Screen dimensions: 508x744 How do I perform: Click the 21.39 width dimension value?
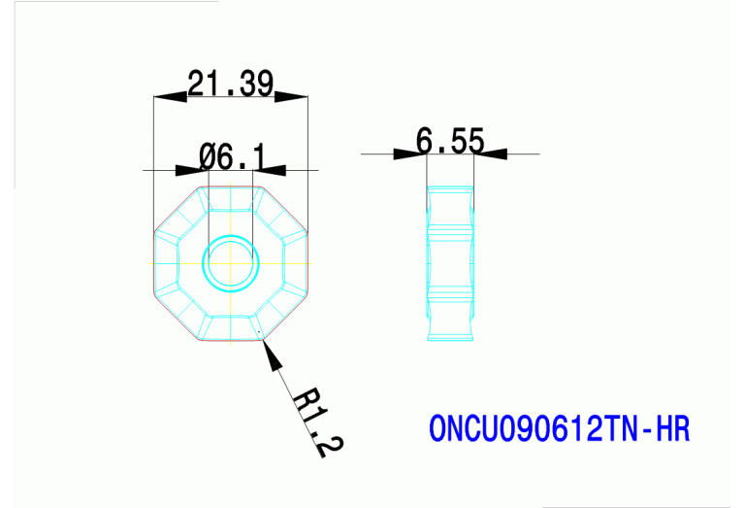[231, 85]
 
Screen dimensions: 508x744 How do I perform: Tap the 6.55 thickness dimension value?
[450, 141]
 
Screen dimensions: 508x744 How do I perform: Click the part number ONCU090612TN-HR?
[559, 428]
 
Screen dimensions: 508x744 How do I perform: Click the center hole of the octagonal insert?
[231, 262]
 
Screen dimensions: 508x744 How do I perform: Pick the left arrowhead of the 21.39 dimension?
[171, 96]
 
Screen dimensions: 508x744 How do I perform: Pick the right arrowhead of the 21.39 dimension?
[291, 96]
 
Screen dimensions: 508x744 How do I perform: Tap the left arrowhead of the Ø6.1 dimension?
[190, 170]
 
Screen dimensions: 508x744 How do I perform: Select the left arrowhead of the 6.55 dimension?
[409, 153]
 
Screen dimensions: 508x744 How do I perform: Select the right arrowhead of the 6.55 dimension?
[491, 153]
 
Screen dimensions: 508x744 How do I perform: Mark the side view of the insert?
[451, 262]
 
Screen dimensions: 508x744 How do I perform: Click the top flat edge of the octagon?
[231, 186]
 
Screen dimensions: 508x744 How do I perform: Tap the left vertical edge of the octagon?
[155, 262]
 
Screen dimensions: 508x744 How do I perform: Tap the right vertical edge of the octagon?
[307, 262]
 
